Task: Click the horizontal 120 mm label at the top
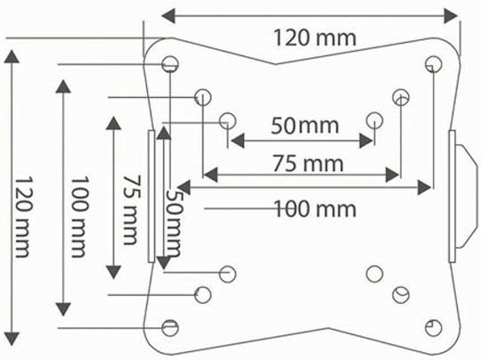point(314,38)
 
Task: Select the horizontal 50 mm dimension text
point(305,126)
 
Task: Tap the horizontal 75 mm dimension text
point(308,163)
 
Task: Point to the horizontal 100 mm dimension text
point(314,209)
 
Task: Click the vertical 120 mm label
point(22,217)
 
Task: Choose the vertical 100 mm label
point(79,217)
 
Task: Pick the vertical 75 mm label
point(132,210)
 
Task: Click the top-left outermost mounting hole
point(170,64)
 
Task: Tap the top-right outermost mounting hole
point(434,64)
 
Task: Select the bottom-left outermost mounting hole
point(170,327)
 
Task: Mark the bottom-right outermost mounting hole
point(434,327)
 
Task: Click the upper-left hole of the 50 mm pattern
point(228,120)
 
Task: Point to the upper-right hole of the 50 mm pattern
point(374,120)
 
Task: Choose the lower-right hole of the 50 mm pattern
point(374,274)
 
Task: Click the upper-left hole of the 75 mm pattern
point(203,97)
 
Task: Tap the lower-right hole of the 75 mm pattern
point(401,295)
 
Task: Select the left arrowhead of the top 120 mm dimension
point(168,16)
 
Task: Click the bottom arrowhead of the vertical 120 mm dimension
point(12,340)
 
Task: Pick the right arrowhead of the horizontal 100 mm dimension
point(425,187)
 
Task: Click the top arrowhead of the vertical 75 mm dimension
point(113,123)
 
